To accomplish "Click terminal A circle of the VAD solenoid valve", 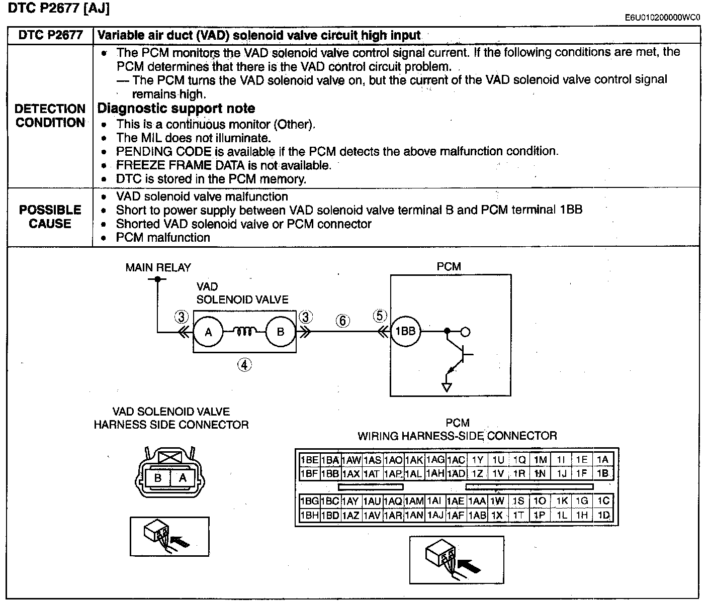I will point(209,332).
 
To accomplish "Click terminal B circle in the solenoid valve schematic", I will point(281,332).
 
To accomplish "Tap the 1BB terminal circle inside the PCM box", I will point(405,332).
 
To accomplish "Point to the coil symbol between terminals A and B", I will point(244,331).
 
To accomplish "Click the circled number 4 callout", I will point(244,365).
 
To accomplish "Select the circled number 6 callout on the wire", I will point(342,321).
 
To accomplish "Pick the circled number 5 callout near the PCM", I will point(380,316).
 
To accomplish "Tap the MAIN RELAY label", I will point(158,267).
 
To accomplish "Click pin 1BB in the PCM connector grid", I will point(330,473).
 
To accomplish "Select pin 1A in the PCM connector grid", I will point(603,460).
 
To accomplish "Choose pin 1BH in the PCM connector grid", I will point(309,515).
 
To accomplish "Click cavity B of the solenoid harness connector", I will point(158,478).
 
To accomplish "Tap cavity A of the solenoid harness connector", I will point(183,478).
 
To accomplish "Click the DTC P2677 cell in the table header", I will point(50,35).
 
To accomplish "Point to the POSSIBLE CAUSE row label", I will point(50,217).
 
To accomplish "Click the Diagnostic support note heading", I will point(176,109).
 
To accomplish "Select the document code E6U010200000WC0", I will point(662,18).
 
